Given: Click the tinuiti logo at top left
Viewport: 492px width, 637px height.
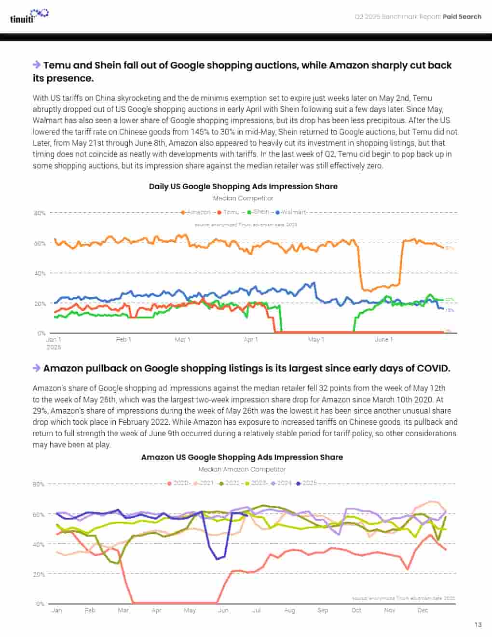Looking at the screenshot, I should point(28,16).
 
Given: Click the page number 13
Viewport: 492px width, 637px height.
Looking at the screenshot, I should point(478,624).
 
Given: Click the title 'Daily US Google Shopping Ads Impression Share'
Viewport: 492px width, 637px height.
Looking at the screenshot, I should point(243,186).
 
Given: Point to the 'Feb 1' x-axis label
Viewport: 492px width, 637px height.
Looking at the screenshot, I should point(123,340).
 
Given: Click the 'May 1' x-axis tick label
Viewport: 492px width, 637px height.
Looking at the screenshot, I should point(316,340).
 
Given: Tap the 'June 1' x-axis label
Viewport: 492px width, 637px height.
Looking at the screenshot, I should point(383,340).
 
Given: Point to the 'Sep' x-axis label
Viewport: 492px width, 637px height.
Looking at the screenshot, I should point(323,610).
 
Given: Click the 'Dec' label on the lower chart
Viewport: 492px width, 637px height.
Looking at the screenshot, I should point(423,610).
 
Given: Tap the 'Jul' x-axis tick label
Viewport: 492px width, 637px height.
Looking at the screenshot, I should point(256,610).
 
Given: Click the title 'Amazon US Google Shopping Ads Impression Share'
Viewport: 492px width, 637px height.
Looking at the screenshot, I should point(242,457).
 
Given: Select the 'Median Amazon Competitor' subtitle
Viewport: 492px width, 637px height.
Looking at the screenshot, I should point(242,469).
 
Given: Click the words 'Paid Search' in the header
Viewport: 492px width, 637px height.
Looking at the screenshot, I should point(462,16).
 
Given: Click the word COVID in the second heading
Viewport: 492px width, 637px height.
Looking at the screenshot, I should point(432,368).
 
